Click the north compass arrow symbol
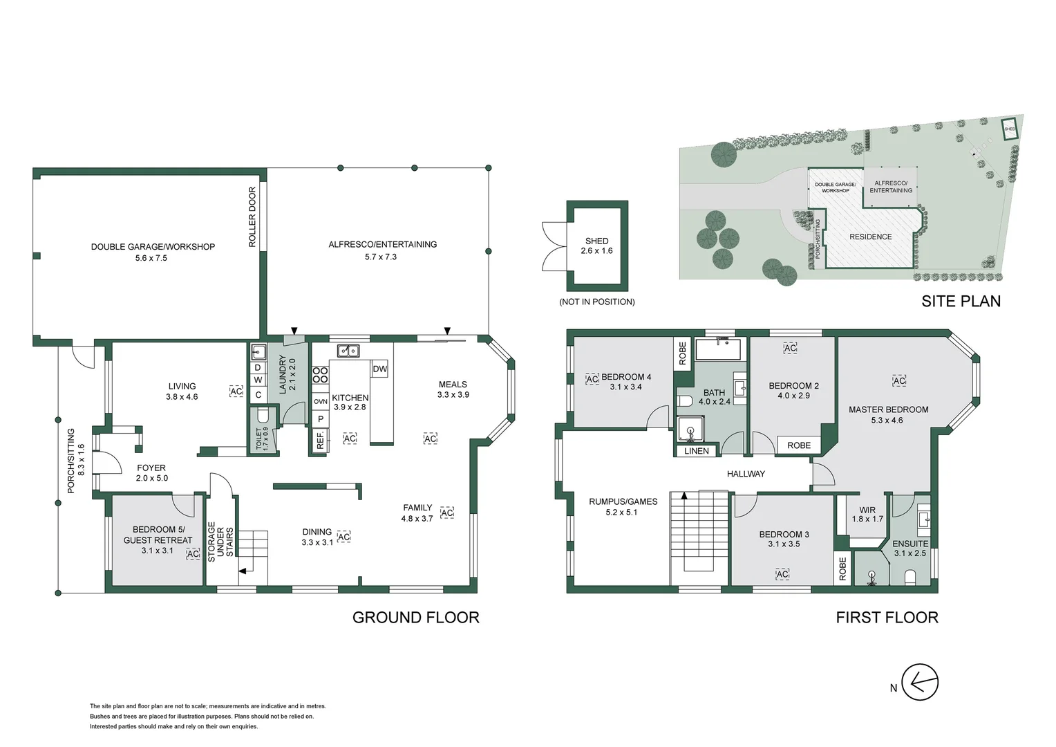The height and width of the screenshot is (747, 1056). pyautogui.click(x=920, y=682)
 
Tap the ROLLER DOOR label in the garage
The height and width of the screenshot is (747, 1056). pyautogui.click(x=252, y=216)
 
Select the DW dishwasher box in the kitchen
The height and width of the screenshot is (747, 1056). pyautogui.click(x=379, y=369)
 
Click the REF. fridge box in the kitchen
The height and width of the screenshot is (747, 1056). pyautogui.click(x=320, y=441)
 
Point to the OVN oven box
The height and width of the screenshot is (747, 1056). pyautogui.click(x=320, y=401)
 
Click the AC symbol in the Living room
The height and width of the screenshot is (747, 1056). pyautogui.click(x=236, y=391)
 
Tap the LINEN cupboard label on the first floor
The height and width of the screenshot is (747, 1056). pyautogui.click(x=696, y=451)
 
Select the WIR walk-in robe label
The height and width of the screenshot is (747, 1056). pyautogui.click(x=867, y=510)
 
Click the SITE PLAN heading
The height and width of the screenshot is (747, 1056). pyautogui.click(x=961, y=301)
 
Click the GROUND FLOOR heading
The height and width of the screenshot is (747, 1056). pyautogui.click(x=415, y=617)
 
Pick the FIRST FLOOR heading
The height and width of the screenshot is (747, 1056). pyautogui.click(x=887, y=617)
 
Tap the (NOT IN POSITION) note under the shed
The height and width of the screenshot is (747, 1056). pyautogui.click(x=597, y=302)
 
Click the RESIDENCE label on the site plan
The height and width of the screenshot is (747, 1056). pyautogui.click(x=870, y=237)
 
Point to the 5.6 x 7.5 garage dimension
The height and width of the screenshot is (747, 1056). pyautogui.click(x=151, y=258)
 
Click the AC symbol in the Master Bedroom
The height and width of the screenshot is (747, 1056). pyautogui.click(x=898, y=381)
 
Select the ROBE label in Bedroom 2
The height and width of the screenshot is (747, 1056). pyautogui.click(x=799, y=445)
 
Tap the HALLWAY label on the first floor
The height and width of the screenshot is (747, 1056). pyautogui.click(x=746, y=474)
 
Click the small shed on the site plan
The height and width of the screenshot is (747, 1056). pyautogui.click(x=1010, y=129)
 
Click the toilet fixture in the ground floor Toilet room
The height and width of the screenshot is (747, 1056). pyautogui.click(x=263, y=417)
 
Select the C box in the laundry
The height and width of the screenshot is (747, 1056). pyautogui.click(x=258, y=395)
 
